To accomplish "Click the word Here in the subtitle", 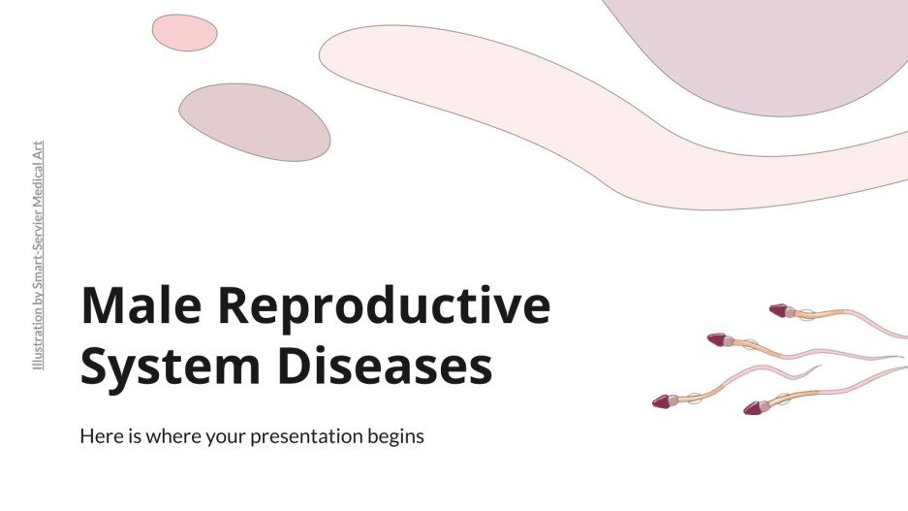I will pyautogui.click(x=100, y=436).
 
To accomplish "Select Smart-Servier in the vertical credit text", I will pyautogui.click(x=38, y=239).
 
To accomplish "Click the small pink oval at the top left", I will pyautogui.click(x=184, y=33).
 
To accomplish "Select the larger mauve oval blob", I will pyautogui.click(x=254, y=122).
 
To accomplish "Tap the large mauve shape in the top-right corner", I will pyautogui.click(x=766, y=48).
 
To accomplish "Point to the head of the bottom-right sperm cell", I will pyautogui.click(x=753, y=408).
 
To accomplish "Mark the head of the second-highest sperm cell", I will pyautogui.click(x=717, y=339).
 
